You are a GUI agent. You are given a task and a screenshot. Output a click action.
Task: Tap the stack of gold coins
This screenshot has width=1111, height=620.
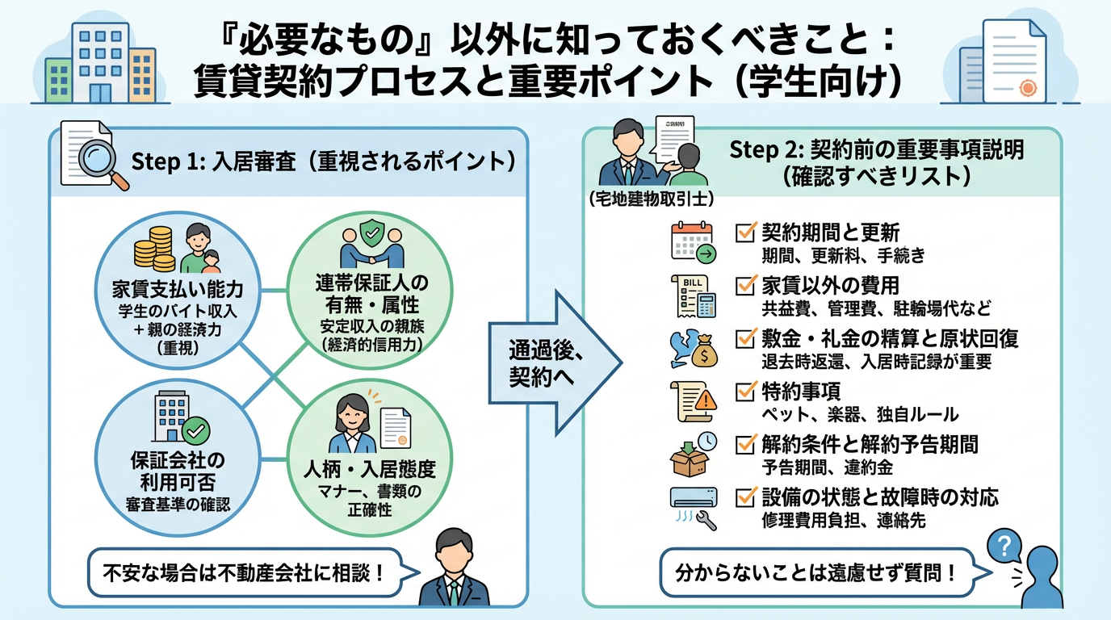click(154, 248)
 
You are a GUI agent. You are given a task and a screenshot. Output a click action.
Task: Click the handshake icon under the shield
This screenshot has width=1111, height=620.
click(372, 253)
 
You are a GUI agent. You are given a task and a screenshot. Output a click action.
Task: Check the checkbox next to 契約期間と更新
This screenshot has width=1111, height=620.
click(745, 232)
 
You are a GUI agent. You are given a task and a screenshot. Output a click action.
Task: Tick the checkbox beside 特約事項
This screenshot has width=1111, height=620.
click(745, 392)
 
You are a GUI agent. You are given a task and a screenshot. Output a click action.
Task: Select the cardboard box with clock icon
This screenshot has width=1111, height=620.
click(693, 455)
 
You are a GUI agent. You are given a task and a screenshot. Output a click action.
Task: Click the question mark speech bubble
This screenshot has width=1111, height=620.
click(1004, 547)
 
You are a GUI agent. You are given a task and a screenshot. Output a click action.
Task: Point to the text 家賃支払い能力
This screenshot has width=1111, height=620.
click(178, 290)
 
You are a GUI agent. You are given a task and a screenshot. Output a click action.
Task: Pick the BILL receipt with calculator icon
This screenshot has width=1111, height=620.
click(694, 296)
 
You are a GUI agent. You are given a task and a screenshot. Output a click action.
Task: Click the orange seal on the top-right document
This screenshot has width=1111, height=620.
click(1027, 88)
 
